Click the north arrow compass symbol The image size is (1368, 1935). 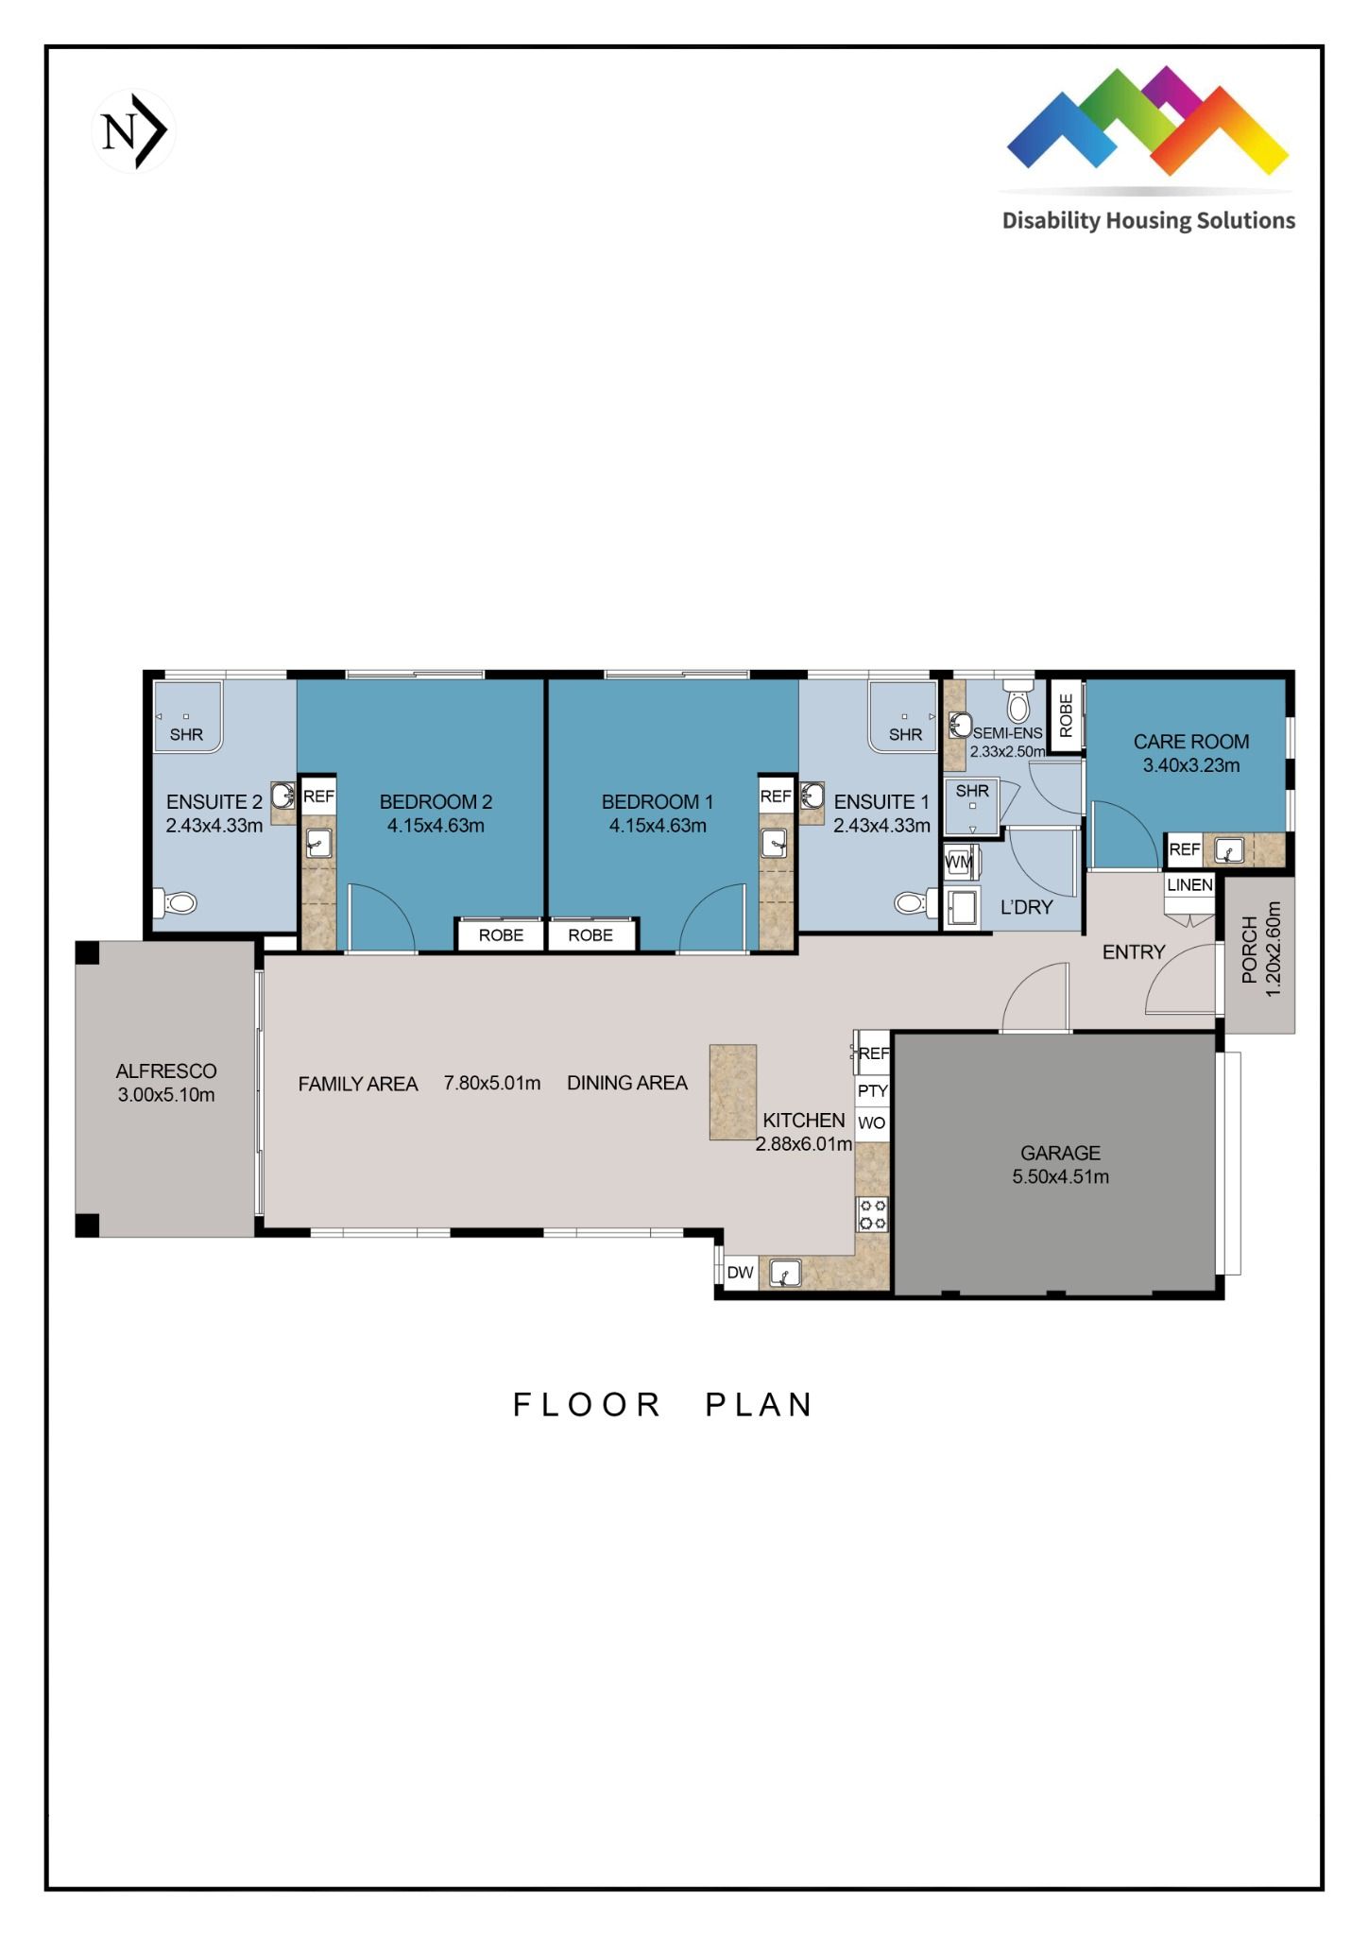point(134,131)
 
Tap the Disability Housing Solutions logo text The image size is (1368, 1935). point(1148,221)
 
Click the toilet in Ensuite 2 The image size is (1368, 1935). point(179,903)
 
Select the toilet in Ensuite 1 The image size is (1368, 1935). point(912,903)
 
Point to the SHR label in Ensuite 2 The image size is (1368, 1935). point(186,734)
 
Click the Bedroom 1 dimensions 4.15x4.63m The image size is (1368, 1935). point(658,826)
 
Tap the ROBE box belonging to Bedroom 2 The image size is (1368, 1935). point(501,935)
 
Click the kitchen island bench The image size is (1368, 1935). point(733,1091)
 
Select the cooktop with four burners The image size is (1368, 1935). point(872,1214)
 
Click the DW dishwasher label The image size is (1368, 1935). point(740,1273)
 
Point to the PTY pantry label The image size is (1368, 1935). point(872,1090)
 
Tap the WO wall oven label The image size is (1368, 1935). point(872,1123)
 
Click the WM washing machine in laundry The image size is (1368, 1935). point(959,862)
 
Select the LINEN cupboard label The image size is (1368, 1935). point(1189,885)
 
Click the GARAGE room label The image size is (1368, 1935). point(1060,1153)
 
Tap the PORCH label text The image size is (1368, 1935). point(1250,950)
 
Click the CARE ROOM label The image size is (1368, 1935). point(1190,742)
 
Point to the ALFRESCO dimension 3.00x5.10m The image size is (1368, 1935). point(166,1095)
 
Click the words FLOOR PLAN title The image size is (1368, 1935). point(662,1405)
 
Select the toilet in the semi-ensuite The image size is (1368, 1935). point(1018,705)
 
